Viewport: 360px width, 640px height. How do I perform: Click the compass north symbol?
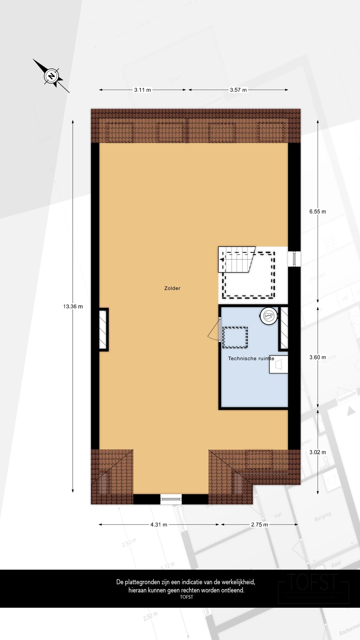(51, 76)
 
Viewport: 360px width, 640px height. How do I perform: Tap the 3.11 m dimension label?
(142, 90)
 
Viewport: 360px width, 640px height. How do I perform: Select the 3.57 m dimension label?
(238, 90)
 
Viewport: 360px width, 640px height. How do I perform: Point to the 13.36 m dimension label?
(73, 306)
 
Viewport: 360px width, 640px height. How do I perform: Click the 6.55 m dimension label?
(317, 211)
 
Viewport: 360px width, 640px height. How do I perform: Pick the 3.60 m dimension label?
(317, 357)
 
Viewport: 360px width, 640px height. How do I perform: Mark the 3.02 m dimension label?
(317, 452)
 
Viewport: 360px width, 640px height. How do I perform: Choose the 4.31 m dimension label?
(159, 524)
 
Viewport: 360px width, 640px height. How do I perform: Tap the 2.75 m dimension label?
(259, 524)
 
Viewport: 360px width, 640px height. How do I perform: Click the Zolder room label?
(172, 288)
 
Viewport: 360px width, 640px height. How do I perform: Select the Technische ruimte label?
(251, 359)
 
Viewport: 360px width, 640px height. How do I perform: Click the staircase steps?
(237, 260)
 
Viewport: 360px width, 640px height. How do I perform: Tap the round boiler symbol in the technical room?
(269, 315)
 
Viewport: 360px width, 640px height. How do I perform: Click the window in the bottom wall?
(171, 499)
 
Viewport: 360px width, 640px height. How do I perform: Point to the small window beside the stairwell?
(294, 259)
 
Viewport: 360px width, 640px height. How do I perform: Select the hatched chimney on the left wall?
(103, 329)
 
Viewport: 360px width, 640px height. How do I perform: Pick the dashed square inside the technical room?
(235, 337)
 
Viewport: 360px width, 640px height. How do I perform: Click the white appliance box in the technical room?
(279, 364)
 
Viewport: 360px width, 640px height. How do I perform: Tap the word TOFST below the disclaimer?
(186, 597)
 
